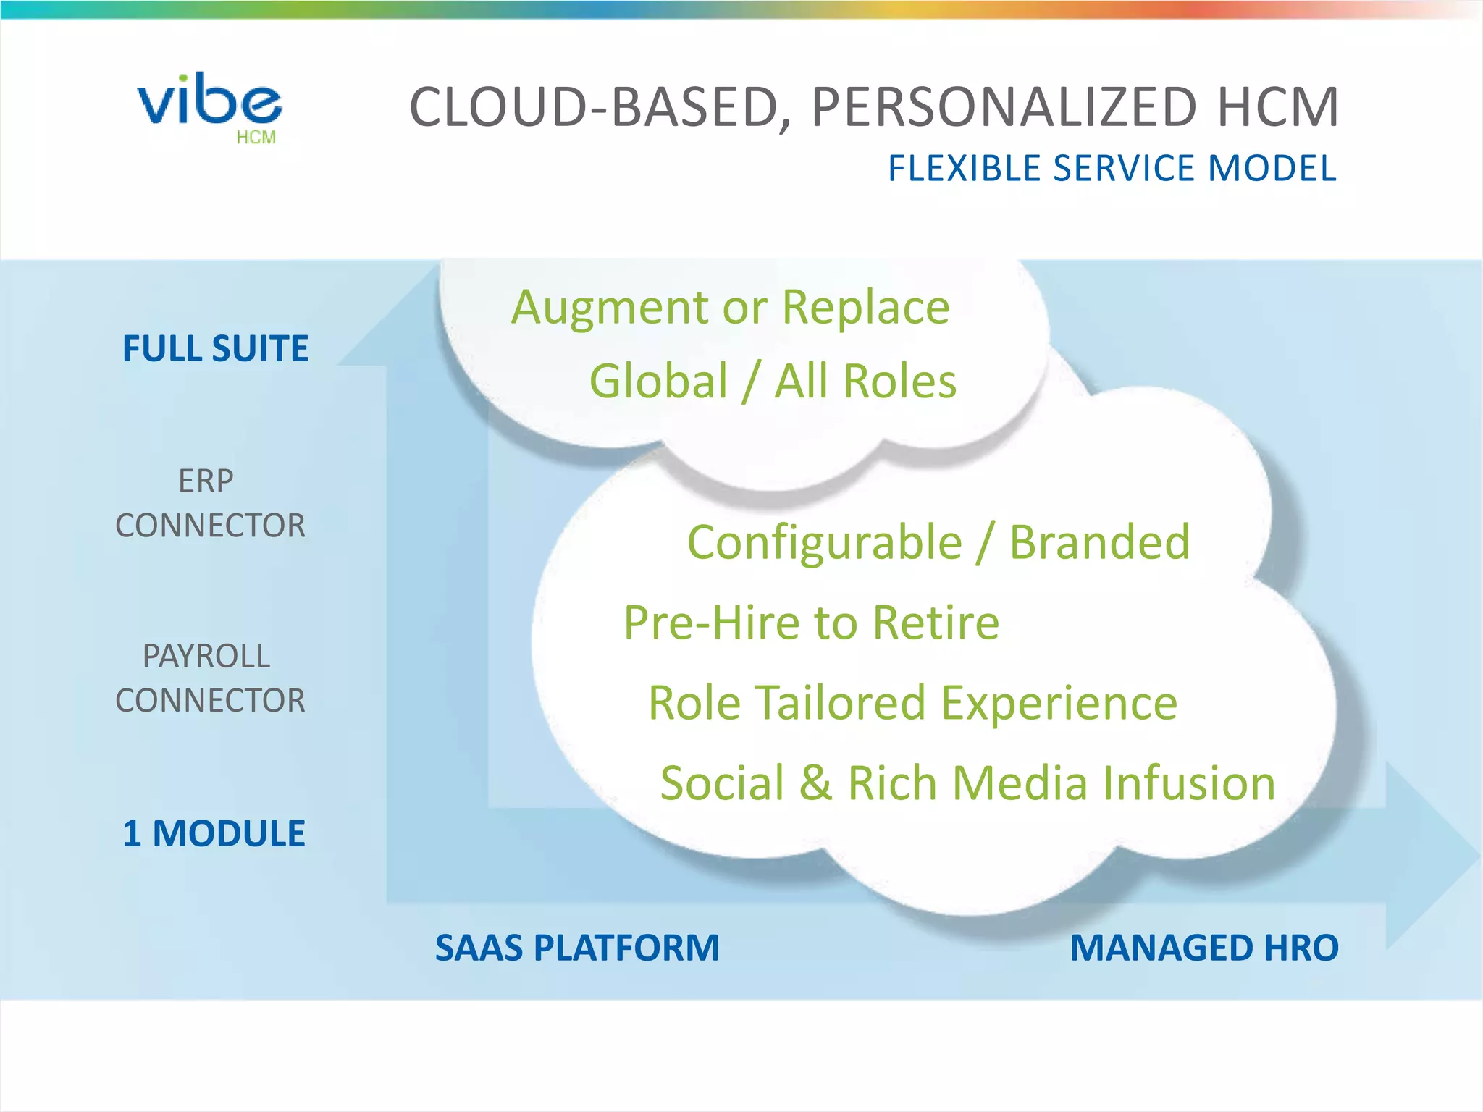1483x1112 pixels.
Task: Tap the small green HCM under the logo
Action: pyautogui.click(x=256, y=138)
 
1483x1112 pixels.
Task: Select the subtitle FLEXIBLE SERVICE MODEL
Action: pyautogui.click(x=1112, y=169)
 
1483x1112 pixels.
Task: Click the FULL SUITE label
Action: pyautogui.click(x=215, y=348)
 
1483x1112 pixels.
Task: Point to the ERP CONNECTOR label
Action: pyautogui.click(x=210, y=503)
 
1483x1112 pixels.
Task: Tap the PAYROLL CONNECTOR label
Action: pyautogui.click(x=210, y=678)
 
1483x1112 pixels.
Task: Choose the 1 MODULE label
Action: pyautogui.click(x=214, y=833)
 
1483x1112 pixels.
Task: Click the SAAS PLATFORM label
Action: pyautogui.click(x=577, y=948)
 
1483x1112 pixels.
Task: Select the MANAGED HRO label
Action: pyautogui.click(x=1203, y=948)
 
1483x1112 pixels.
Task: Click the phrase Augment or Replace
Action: pyautogui.click(x=730, y=308)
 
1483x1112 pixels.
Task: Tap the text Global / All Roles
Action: pyautogui.click(x=772, y=382)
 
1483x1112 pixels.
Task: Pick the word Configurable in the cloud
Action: pyautogui.click(x=824, y=543)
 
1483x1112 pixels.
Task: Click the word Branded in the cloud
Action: pyautogui.click(x=1099, y=543)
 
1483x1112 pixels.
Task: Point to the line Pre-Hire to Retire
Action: pyautogui.click(x=811, y=623)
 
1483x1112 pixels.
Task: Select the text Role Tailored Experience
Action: pyautogui.click(x=912, y=703)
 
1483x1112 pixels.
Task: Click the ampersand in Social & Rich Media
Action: pyautogui.click(x=815, y=783)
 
